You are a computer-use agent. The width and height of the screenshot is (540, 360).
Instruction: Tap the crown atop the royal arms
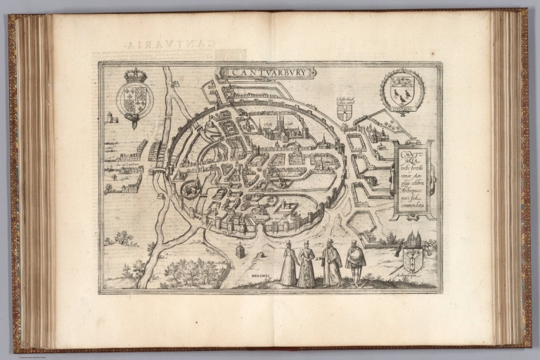[134, 75]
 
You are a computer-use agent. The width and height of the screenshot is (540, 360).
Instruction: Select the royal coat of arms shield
[134, 99]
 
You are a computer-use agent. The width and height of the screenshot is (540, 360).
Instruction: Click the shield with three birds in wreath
[401, 90]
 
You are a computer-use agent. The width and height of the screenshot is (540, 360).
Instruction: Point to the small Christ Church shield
[344, 112]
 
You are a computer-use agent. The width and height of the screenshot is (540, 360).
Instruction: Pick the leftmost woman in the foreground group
[288, 264]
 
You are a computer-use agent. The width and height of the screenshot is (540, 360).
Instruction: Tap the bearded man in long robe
[331, 263]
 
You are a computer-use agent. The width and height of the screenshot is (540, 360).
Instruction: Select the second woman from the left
[306, 264]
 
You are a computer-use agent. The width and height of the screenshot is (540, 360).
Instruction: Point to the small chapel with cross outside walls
[240, 250]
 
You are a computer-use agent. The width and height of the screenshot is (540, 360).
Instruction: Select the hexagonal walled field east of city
[364, 223]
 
